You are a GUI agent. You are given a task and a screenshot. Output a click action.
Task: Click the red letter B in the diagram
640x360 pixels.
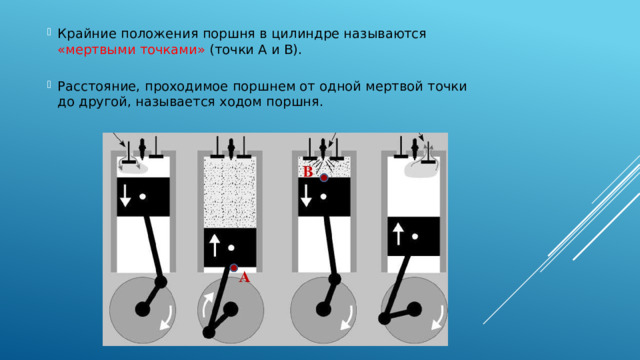(x=308, y=172)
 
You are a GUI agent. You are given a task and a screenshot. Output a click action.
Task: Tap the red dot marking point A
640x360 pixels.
(x=234, y=268)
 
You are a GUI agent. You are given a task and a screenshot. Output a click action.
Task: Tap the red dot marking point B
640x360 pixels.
(x=324, y=179)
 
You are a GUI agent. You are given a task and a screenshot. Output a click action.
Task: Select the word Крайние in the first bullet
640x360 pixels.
(x=86, y=33)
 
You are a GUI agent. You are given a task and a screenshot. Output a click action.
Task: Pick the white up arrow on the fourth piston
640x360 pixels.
(x=399, y=233)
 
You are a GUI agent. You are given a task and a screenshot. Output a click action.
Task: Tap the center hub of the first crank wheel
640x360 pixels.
(x=143, y=311)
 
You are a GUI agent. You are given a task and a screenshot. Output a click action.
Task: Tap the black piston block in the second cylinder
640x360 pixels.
(x=230, y=246)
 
